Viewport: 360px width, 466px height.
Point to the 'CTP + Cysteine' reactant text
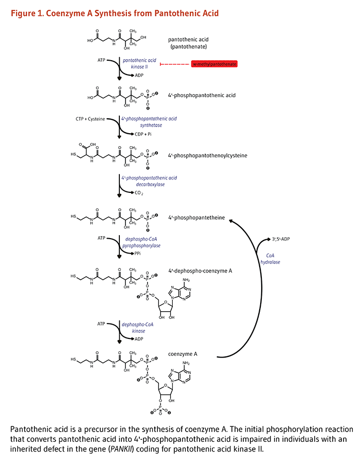(x=89, y=119)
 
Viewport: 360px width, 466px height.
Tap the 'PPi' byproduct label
(x=138, y=254)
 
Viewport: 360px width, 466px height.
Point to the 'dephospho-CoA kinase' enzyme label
(x=137, y=328)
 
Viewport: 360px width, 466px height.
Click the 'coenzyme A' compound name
(x=183, y=354)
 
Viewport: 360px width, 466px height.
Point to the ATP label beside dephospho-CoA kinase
(x=101, y=325)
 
